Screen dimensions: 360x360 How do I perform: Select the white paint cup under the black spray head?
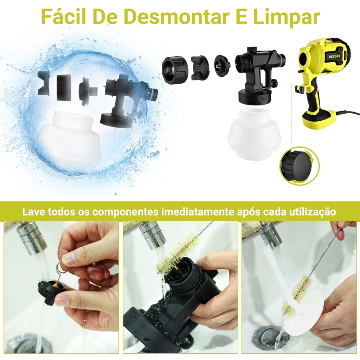click(254, 133)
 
